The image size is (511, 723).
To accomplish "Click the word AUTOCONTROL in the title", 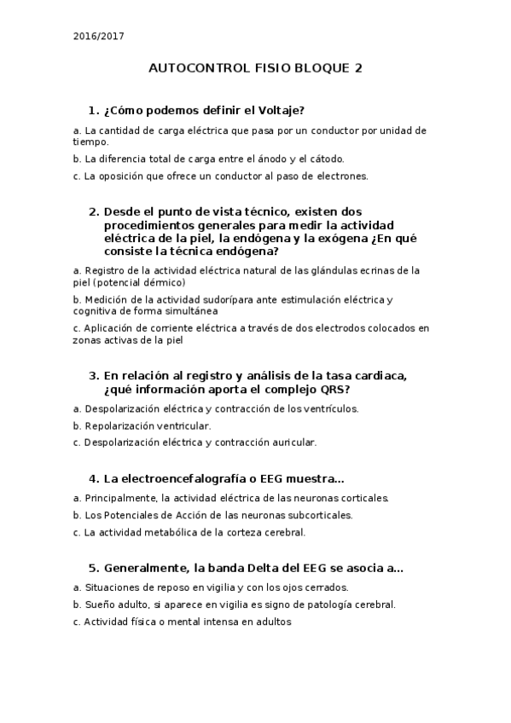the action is [x=192, y=69].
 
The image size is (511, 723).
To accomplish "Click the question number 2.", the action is [x=92, y=211].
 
